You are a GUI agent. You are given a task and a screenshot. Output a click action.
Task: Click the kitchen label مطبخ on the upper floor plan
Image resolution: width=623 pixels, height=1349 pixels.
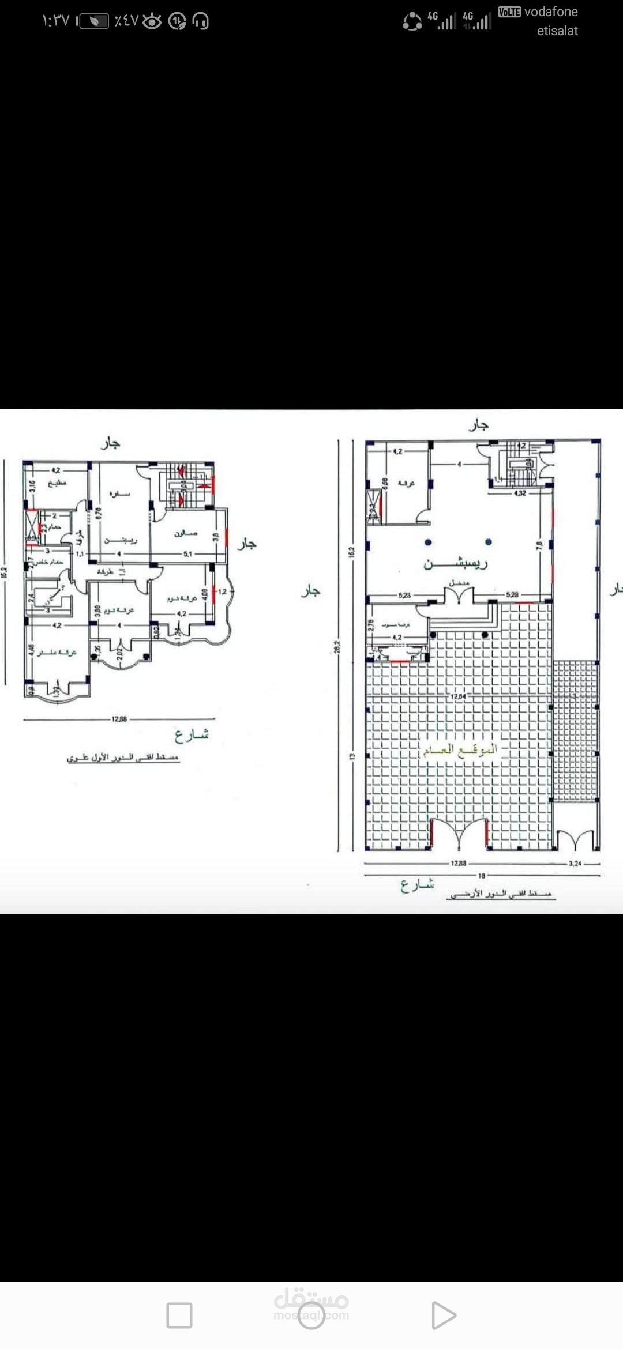click(x=57, y=483)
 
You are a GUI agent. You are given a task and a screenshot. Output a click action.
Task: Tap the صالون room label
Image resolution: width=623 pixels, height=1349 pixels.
click(x=186, y=534)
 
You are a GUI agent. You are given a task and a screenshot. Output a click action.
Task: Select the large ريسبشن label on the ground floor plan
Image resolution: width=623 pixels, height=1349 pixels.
click(x=456, y=563)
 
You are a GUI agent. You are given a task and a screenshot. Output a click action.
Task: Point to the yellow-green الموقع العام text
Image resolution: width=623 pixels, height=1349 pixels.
click(x=460, y=750)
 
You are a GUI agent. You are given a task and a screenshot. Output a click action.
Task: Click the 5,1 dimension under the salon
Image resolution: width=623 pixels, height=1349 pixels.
click(x=187, y=554)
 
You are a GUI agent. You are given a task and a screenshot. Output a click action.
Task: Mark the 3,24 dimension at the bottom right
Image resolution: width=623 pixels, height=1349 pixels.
click(x=575, y=864)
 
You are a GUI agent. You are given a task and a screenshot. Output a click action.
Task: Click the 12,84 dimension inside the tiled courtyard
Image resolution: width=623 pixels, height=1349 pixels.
click(x=458, y=696)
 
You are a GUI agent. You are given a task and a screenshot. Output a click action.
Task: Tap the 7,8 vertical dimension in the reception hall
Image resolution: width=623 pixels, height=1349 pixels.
click(x=539, y=544)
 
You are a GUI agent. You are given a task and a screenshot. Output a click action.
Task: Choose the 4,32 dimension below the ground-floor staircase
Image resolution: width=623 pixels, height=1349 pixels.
click(x=519, y=493)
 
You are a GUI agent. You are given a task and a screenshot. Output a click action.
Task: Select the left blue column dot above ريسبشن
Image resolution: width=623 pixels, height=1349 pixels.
click(x=428, y=542)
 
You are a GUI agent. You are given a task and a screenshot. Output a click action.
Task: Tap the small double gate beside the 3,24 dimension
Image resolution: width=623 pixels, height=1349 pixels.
click(x=575, y=840)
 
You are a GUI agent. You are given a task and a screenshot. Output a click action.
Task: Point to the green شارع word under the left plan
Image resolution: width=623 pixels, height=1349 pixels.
click(x=192, y=735)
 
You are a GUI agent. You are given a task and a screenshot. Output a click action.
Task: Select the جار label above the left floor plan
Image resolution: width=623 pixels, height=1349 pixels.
click(x=110, y=443)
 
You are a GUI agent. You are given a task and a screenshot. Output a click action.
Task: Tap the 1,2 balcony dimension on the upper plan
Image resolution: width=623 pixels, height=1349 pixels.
click(x=222, y=591)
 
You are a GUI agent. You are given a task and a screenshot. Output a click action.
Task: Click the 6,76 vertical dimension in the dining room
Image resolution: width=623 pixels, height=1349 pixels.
click(x=98, y=513)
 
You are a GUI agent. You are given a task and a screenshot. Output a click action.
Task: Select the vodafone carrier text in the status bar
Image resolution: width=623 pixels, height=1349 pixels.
click(x=550, y=12)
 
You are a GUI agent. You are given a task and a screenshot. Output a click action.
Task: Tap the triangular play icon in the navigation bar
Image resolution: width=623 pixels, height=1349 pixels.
click(x=444, y=1315)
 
